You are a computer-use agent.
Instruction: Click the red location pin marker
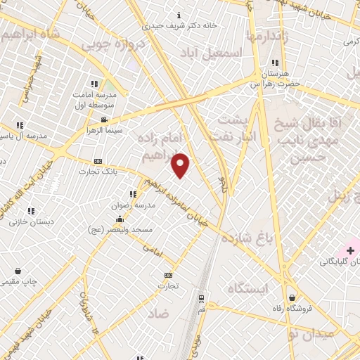181,165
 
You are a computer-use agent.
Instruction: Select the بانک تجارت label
97,172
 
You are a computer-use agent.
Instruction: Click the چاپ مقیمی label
17,282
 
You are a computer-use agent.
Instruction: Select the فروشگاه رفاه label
291,309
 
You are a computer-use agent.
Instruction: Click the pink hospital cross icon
350,250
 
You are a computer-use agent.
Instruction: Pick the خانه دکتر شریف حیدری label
181,25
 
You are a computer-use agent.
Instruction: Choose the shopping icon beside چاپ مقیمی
17,271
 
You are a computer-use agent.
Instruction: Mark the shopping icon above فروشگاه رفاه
292,297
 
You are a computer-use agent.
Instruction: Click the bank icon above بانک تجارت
98,161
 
